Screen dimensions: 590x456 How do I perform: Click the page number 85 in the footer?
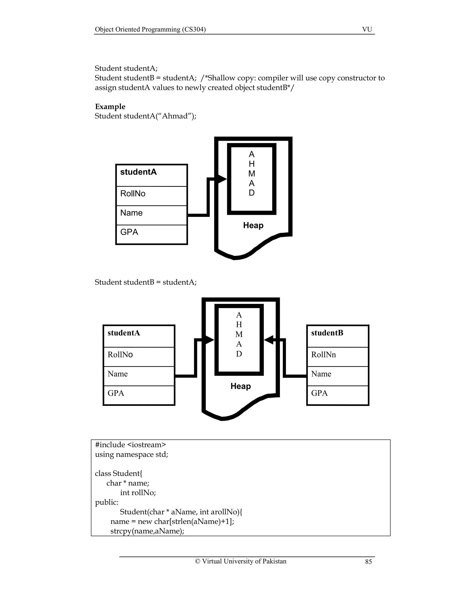(x=368, y=562)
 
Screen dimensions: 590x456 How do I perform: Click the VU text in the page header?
(x=367, y=29)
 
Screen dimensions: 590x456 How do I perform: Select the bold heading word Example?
(x=110, y=106)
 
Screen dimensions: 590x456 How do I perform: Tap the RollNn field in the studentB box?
(x=323, y=354)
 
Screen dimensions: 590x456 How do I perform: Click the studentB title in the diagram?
(x=327, y=333)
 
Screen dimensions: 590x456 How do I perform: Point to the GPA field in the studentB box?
(x=319, y=393)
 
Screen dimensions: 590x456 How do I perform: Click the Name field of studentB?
(x=321, y=374)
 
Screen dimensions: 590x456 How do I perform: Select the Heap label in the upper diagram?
(x=253, y=225)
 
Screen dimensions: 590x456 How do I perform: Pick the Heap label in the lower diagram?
(x=240, y=386)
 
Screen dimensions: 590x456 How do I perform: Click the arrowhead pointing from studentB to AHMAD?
(x=269, y=340)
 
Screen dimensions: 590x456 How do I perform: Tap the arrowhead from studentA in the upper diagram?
(x=222, y=179)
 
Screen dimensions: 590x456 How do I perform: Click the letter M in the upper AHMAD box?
(x=252, y=173)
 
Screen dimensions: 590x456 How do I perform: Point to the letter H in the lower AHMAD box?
(x=239, y=324)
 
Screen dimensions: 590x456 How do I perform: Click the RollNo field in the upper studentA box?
(x=133, y=193)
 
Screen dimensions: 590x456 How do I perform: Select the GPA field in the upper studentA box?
(x=129, y=232)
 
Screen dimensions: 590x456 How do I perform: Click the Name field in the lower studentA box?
(x=118, y=374)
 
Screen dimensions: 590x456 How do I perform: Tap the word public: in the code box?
(x=107, y=502)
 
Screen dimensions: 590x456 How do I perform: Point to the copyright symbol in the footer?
(x=197, y=561)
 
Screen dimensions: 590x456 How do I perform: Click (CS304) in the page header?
(x=194, y=29)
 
